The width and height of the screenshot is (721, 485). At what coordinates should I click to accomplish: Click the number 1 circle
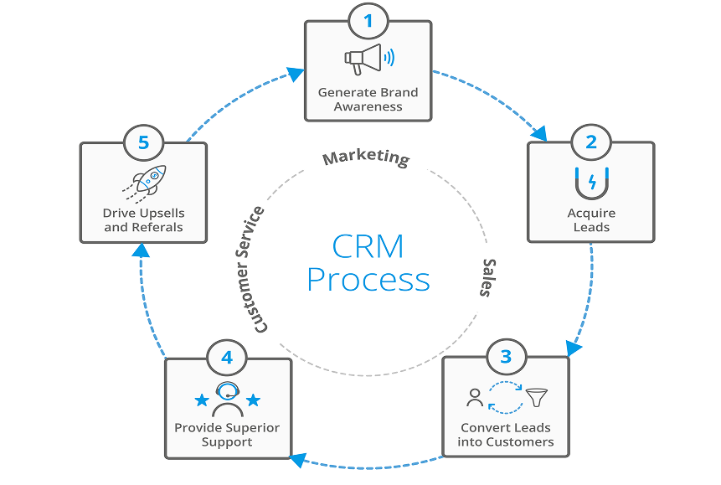point(368,21)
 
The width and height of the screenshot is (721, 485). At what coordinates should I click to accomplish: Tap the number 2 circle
point(590,142)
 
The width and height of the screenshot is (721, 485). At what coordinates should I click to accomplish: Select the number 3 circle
point(505,357)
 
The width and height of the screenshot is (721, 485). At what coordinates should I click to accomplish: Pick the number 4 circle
point(227,358)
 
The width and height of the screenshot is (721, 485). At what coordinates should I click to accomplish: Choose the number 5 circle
point(143,142)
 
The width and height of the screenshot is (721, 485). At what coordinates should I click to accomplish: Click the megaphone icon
point(367,59)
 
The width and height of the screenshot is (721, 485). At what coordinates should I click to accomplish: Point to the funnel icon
point(533,396)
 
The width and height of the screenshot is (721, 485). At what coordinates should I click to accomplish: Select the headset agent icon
point(228,400)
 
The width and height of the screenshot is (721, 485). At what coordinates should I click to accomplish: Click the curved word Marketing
point(366,157)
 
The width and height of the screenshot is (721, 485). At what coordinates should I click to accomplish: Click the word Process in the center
point(368,279)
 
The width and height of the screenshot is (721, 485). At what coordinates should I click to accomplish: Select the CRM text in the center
point(368,245)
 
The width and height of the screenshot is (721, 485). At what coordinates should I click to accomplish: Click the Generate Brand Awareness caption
point(368,99)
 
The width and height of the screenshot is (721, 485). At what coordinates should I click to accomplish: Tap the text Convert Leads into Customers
point(506,434)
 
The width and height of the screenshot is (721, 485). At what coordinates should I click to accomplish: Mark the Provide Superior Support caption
point(227,434)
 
